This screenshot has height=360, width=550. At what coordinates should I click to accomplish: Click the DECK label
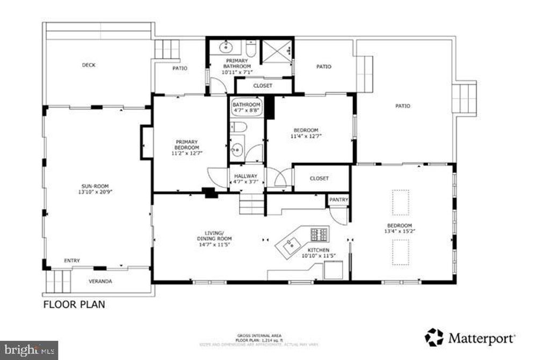pyautogui.click(x=89, y=65)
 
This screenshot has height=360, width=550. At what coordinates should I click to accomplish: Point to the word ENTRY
pyautogui.click(x=72, y=261)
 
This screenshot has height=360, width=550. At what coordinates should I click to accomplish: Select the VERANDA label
pyautogui.click(x=100, y=281)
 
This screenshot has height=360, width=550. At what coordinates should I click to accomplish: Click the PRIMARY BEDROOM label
pyautogui.click(x=186, y=145)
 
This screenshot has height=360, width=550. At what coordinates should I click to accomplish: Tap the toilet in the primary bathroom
pyautogui.click(x=251, y=47)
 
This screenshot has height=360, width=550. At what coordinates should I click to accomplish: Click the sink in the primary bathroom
pyautogui.click(x=226, y=47)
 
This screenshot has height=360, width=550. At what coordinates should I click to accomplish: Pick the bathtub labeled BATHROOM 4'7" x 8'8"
pyautogui.click(x=246, y=107)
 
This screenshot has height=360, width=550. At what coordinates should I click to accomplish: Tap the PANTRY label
pyautogui.click(x=338, y=200)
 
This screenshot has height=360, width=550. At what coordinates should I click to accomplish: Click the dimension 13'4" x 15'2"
pyautogui.click(x=400, y=231)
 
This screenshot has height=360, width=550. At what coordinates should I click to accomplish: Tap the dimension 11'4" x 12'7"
pyautogui.click(x=306, y=136)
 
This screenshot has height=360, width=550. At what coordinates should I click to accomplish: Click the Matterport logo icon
pyautogui.click(x=434, y=337)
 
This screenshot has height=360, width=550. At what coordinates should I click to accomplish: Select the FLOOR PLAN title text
pyautogui.click(x=74, y=305)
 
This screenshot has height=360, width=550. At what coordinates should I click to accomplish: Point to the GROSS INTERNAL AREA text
pyautogui.click(x=260, y=336)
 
